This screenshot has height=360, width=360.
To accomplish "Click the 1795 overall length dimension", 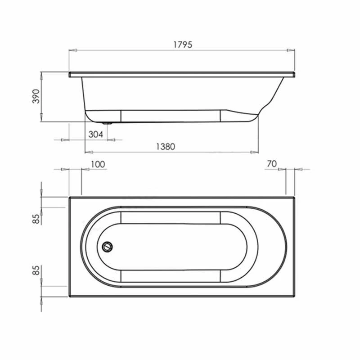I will pyautogui.click(x=182, y=44).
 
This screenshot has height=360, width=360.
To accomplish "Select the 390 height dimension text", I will pyautogui.click(x=36, y=97).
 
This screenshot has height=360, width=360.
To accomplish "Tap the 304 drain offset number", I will pyautogui.click(x=95, y=134).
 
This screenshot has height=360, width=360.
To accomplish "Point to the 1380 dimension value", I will pyautogui.click(x=165, y=146).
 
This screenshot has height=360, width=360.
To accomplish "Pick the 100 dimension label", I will pyautogui.click(x=98, y=164).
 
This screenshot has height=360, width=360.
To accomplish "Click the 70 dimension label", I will pyautogui.click(x=271, y=164).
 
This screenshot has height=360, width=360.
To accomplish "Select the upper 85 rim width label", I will pyautogui.click(x=36, y=219).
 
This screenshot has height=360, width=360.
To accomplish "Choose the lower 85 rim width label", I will pyautogui.click(x=36, y=271).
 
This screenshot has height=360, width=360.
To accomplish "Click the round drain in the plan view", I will pyautogui.click(x=108, y=247).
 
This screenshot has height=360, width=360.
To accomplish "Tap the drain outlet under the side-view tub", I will pyautogui.click(x=108, y=123).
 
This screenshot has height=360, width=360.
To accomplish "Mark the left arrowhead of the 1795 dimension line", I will pyautogui.click(x=71, y=50).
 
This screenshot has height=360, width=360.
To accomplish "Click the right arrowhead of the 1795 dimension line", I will pyautogui.click(x=292, y=50).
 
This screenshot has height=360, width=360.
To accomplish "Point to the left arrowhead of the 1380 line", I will pyautogui.click(x=87, y=152).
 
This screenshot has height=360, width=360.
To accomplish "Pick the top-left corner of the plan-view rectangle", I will pyautogui.click(x=69, y=197).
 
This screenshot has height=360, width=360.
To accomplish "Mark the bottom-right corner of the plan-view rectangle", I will pyautogui.click(x=294, y=297).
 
